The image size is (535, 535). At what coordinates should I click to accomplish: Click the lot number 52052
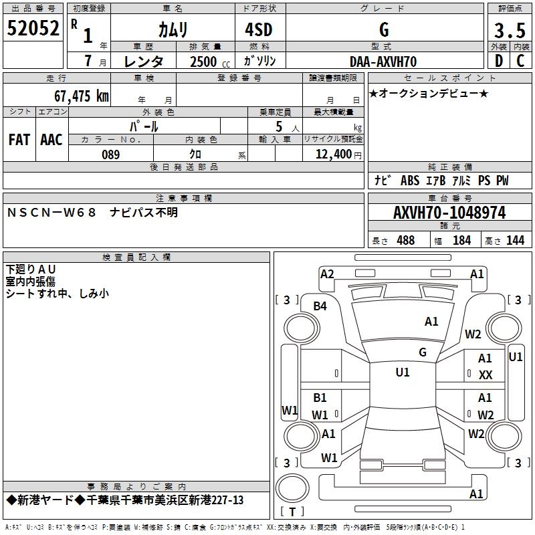33,28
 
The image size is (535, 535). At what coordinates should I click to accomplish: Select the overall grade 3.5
509,30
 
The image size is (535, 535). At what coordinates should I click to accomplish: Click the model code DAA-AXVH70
383,62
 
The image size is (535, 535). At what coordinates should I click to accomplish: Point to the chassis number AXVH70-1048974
449,213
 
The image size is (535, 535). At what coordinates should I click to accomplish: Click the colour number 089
110,154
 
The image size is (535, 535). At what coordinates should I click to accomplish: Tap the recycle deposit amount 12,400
332,154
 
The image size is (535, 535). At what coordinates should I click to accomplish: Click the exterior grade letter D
498,61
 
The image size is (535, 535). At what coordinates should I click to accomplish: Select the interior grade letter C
520,61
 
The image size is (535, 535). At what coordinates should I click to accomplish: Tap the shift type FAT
19,140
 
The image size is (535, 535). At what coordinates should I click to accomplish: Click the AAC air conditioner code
51,140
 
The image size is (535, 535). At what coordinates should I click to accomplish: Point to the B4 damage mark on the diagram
320,306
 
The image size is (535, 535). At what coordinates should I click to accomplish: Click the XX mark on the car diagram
486,375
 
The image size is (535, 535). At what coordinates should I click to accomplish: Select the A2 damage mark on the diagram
327,274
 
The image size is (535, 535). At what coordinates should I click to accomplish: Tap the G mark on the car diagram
423,352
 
